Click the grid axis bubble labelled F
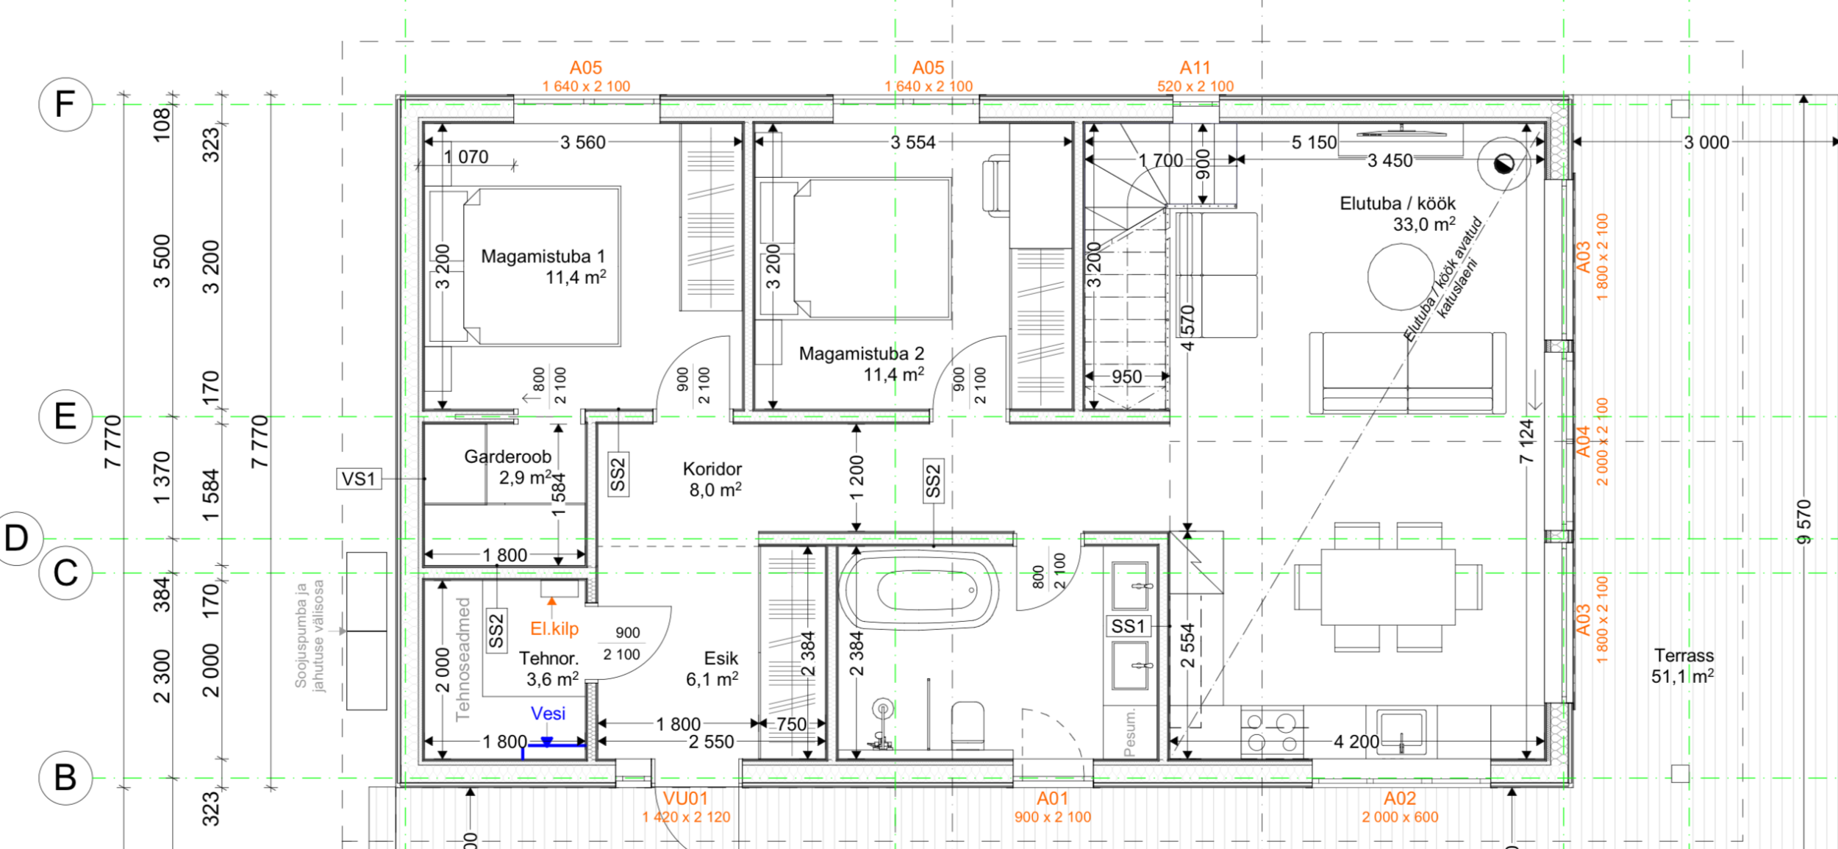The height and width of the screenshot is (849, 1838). pos(65,104)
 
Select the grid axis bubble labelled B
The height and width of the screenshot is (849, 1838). pos(65,778)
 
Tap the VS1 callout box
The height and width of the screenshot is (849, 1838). pos(359,479)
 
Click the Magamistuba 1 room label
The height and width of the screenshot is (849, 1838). pos(543,267)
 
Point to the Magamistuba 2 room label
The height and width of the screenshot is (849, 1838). pos(862,364)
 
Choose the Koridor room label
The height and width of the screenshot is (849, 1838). pos(713,479)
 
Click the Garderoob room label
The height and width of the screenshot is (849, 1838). pos(508,467)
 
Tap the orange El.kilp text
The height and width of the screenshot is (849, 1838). pos(554,628)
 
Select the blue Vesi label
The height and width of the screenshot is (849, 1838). pos(548,713)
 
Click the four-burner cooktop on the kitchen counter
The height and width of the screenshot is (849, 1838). pos(1272,731)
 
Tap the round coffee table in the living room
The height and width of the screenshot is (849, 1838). pos(1401,276)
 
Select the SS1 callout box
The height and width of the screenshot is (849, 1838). pos(1129,626)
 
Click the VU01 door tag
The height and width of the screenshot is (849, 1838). pos(686,806)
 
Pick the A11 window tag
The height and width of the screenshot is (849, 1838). pos(1195,76)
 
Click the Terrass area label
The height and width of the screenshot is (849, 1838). pos(1684,666)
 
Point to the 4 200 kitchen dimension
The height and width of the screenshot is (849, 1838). pos(1356,742)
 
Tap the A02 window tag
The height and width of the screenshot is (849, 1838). pos(1400,806)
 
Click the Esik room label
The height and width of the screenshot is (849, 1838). pos(713,668)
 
